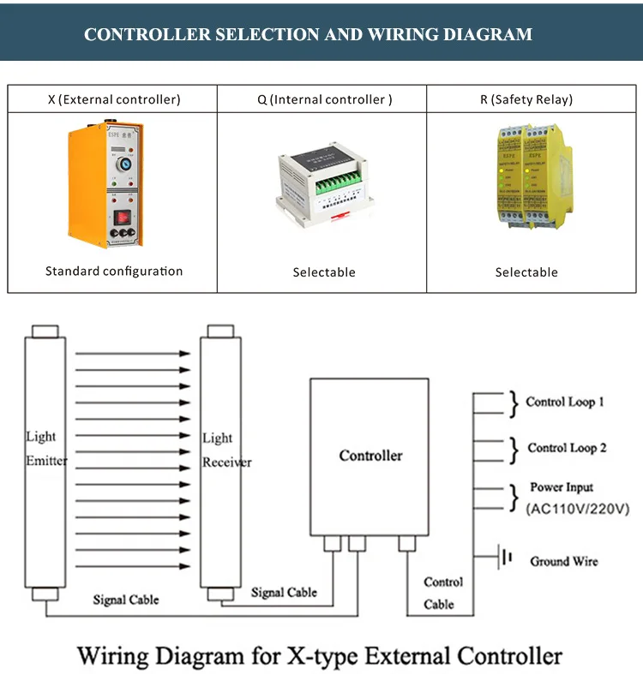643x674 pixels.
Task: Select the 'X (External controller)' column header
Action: coord(114,99)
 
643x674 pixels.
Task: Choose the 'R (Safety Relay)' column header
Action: coord(526,99)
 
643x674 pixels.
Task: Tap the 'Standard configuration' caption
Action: coord(114,271)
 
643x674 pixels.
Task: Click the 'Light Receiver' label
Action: coord(226,450)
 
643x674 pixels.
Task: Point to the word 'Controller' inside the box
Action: coord(370,456)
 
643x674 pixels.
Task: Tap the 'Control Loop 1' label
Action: coord(565,402)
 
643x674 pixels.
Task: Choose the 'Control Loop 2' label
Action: coord(567,448)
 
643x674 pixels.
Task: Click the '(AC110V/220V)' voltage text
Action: coord(577,509)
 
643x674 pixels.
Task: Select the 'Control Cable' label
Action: coord(443,593)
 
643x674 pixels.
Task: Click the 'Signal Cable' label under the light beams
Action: coord(126,599)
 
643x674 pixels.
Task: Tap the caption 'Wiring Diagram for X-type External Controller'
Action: coord(320,655)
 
